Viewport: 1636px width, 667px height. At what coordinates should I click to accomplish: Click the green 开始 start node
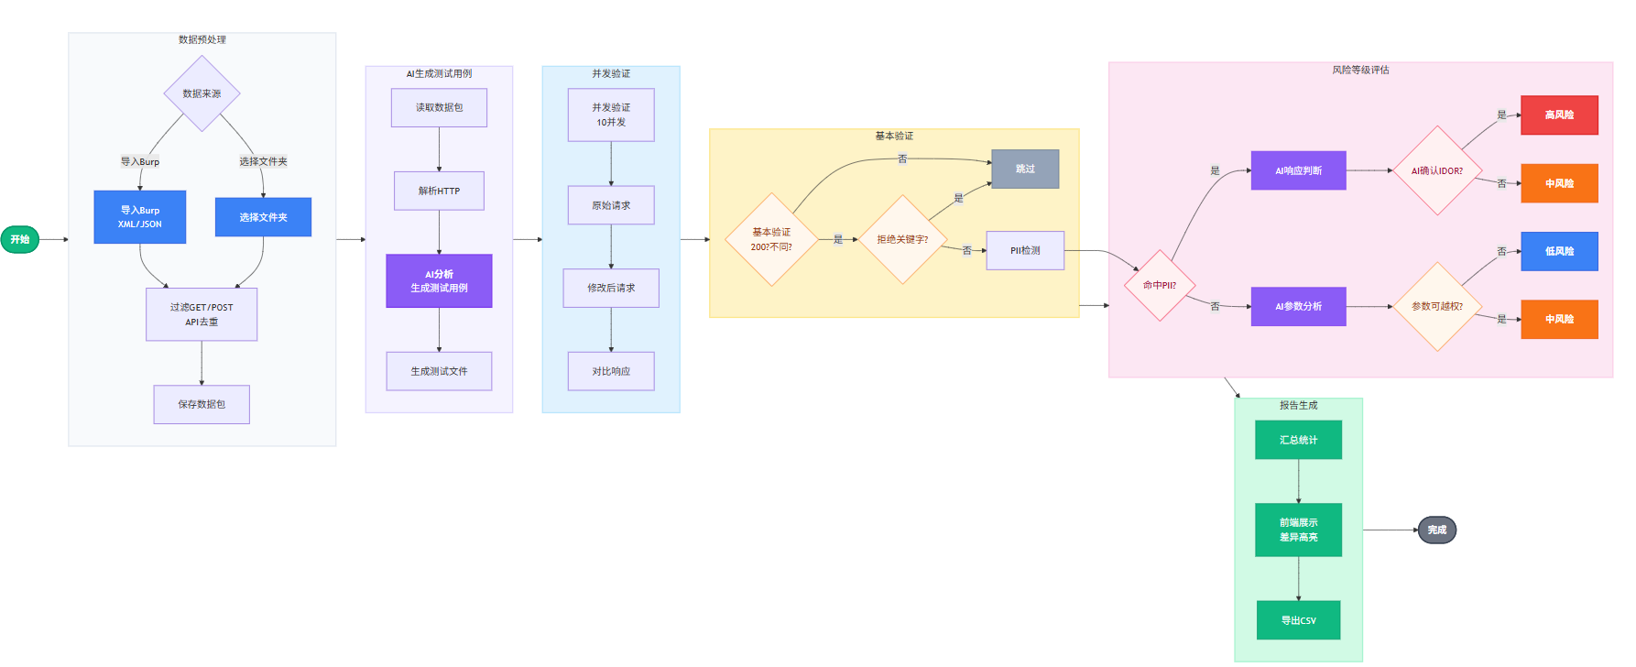(19, 239)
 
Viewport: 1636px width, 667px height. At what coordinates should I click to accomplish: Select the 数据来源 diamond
(202, 93)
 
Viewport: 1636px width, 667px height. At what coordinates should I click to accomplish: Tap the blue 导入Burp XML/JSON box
(139, 217)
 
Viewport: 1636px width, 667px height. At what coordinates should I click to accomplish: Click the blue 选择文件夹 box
(263, 217)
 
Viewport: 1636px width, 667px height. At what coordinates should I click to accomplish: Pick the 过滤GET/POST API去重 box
(202, 314)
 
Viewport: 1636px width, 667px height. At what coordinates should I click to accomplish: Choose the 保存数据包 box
(202, 404)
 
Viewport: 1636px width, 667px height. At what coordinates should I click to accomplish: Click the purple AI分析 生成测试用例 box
(439, 280)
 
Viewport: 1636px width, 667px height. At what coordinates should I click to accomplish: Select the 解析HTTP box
(439, 191)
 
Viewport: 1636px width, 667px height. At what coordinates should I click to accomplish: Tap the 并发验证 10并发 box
(611, 115)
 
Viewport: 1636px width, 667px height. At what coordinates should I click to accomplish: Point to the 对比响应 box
(611, 371)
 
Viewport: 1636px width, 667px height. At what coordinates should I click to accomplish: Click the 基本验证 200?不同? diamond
(771, 239)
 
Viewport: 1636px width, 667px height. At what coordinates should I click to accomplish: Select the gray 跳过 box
(1025, 169)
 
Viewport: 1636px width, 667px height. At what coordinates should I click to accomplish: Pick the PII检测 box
(1025, 250)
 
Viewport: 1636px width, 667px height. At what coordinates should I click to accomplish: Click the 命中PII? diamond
(1160, 285)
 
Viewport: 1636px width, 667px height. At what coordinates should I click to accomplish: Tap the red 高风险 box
(1559, 115)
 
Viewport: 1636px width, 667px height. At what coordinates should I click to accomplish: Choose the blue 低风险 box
(1559, 251)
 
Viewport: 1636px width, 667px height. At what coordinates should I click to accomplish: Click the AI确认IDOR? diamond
(1437, 170)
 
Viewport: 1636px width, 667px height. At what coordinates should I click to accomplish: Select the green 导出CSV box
(1298, 620)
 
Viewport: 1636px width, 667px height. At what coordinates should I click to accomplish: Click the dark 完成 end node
(1436, 530)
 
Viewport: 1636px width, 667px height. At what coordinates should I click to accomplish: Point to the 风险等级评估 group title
(1360, 70)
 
